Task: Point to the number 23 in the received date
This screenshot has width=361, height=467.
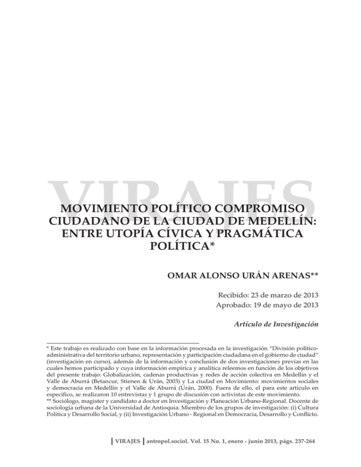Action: [264, 296]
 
